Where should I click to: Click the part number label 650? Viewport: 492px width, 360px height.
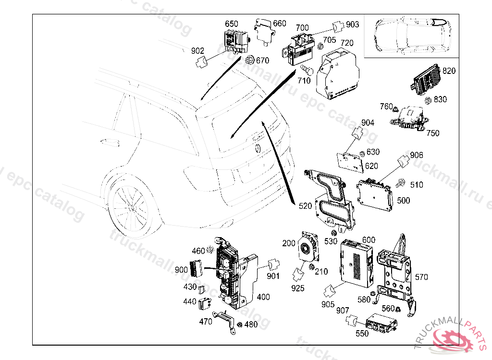tap(232, 24)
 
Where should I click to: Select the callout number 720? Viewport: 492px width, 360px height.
tap(347, 43)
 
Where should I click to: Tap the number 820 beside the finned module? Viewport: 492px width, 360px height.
tap(449, 71)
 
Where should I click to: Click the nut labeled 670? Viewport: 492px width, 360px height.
tap(250, 60)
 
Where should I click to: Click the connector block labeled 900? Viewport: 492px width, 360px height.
tap(196, 267)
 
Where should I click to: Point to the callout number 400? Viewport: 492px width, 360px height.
tap(263, 297)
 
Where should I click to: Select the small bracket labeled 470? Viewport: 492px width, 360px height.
tap(225, 319)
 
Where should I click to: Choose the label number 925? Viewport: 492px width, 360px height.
tap(298, 288)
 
